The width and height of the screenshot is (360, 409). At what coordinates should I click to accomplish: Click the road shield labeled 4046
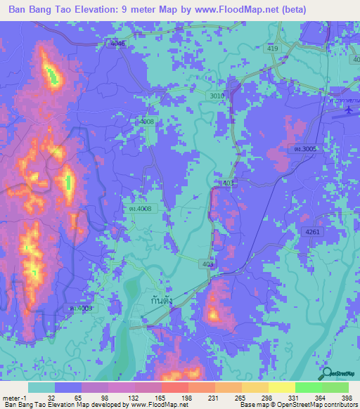point(117,44)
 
